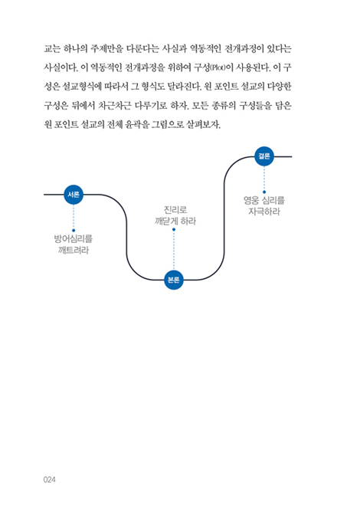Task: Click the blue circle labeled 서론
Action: point(74,195)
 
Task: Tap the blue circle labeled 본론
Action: point(174,280)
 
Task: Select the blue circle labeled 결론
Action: point(264,156)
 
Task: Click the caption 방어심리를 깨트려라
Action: point(74,245)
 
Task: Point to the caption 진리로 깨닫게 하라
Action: point(175,215)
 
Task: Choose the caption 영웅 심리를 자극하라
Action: point(264,205)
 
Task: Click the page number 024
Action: point(49,479)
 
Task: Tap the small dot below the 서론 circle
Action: point(74,231)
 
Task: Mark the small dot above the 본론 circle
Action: point(174,229)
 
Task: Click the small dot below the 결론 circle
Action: point(264,192)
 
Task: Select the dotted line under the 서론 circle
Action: point(74,217)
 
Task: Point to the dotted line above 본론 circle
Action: point(174,251)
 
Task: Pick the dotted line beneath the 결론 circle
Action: point(264,179)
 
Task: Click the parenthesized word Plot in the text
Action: point(218,68)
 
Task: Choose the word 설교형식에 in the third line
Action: point(82,87)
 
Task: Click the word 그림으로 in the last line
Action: point(168,124)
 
